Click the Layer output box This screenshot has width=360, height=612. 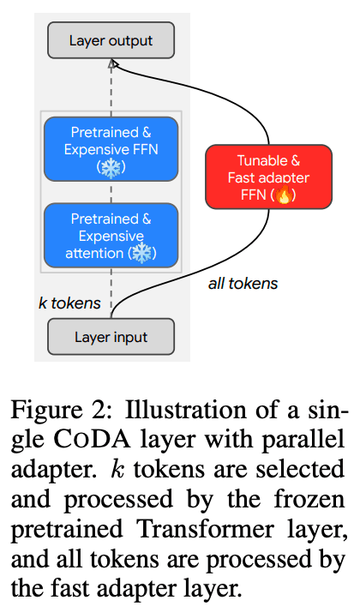click(111, 40)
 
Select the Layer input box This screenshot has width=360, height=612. click(111, 337)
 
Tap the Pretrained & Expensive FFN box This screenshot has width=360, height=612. click(111, 149)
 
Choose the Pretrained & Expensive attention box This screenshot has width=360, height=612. click(111, 236)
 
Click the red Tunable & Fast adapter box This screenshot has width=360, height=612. click(268, 177)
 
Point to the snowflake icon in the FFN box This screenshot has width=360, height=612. click(111, 167)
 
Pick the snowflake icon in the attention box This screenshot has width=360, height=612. click(141, 254)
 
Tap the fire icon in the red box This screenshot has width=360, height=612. click(284, 195)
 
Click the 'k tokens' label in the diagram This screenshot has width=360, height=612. click(69, 303)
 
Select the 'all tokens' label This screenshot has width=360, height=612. click(243, 284)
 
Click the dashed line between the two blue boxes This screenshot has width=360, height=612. click(111, 192)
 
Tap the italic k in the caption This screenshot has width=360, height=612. click(117, 470)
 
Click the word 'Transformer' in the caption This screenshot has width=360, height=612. click(207, 530)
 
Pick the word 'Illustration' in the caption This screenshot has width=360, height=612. click(186, 411)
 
